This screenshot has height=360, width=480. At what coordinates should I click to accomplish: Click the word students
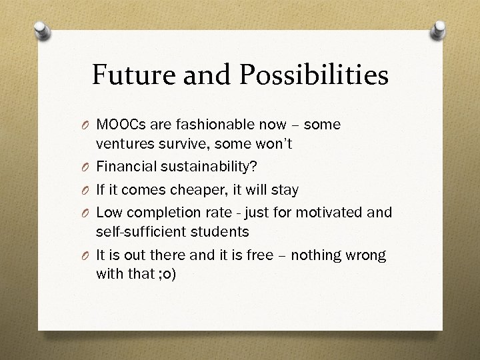220,231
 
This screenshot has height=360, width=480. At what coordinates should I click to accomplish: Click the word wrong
367,256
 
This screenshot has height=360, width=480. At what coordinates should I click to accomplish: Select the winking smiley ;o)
164,274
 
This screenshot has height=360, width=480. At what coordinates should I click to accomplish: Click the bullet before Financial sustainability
87,167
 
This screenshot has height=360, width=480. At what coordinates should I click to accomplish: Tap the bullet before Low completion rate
87,213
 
